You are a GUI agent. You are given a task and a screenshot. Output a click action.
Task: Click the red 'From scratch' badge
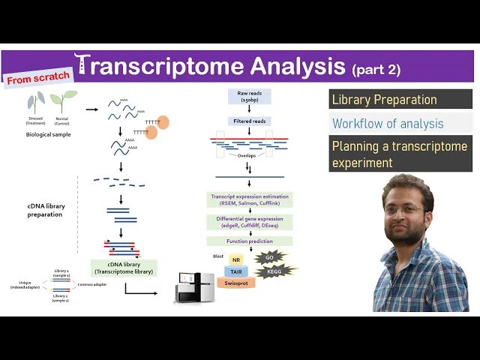coord(39,77)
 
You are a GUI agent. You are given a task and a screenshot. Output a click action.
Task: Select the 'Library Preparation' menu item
coord(384,100)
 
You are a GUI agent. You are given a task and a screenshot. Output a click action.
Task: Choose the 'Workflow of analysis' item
coord(388,124)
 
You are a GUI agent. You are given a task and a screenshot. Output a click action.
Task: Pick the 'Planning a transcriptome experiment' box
coord(400,154)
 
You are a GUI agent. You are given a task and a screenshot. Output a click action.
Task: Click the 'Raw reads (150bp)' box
coord(250,96)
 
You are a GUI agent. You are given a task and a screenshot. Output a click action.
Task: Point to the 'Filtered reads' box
coord(250,121)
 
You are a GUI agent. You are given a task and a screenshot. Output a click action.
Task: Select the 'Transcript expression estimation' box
coord(250,199)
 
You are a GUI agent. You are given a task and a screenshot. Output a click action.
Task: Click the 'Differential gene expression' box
coord(250,222)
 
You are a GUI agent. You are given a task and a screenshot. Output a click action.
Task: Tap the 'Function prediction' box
coord(250,241)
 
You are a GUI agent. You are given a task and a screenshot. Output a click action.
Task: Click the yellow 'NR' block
coord(236,259)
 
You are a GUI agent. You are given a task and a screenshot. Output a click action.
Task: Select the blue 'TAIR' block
coord(236,271)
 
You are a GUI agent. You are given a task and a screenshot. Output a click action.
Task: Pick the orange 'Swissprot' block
coord(236,283)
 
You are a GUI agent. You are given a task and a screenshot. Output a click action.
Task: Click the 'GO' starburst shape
coord(269,258)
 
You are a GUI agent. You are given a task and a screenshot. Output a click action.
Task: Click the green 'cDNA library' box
coord(124,268)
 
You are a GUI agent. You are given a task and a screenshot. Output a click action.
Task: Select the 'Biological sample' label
coord(47,133)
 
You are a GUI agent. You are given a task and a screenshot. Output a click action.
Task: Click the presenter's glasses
coord(406,211)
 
